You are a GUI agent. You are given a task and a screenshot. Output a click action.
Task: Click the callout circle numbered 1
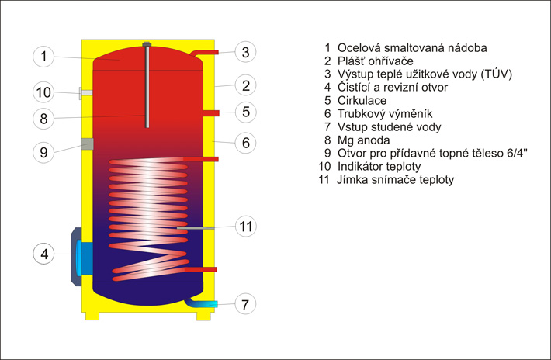click(x=44, y=56)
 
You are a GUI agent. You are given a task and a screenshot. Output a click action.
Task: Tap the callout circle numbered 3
click(x=244, y=53)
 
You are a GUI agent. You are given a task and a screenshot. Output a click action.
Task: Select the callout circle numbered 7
click(x=244, y=303)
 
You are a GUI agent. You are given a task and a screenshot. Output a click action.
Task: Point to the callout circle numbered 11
click(x=245, y=227)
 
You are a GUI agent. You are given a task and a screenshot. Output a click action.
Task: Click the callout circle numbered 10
click(x=44, y=93)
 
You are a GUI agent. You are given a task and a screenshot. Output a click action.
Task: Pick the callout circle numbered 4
click(x=44, y=253)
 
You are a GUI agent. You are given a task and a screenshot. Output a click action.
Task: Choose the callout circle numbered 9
click(x=44, y=152)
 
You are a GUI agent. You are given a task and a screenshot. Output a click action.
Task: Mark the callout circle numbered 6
click(x=244, y=143)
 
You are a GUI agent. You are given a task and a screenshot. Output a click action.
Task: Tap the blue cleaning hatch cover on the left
click(x=83, y=257)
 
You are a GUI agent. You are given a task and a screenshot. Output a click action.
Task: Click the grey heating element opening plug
click(x=87, y=144)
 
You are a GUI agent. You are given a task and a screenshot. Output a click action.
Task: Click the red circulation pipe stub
click(x=210, y=113)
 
